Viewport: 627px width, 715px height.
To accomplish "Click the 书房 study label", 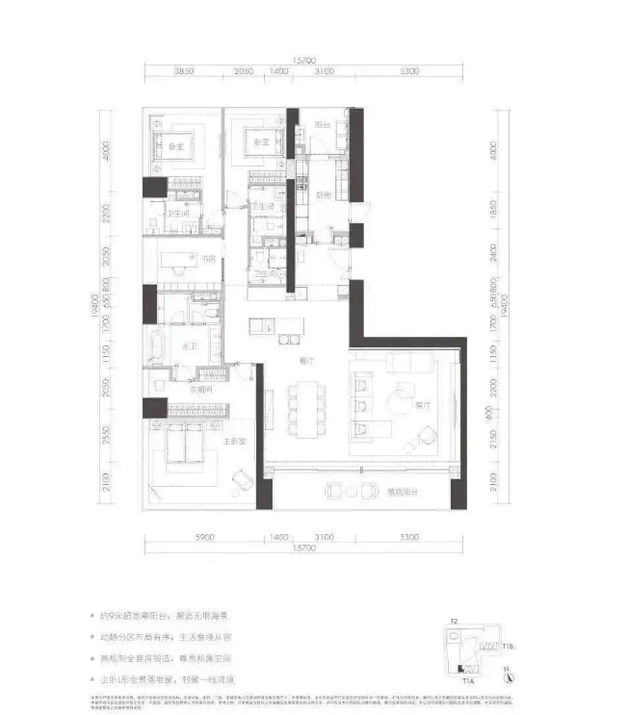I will (207, 259).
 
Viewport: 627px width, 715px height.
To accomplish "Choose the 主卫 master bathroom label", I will (184, 361).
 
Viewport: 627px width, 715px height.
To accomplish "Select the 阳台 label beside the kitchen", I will (322, 125).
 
